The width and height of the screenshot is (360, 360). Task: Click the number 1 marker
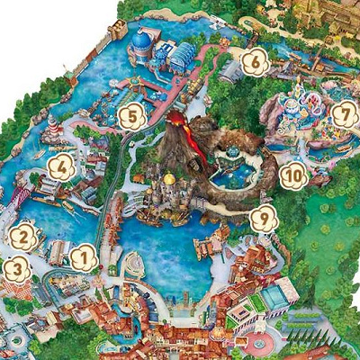point(84,258)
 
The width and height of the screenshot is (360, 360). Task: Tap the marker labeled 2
point(22,238)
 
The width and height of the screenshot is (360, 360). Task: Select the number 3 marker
point(15,268)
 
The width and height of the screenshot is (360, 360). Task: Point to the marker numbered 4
point(61,166)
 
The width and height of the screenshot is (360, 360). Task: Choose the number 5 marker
point(132,116)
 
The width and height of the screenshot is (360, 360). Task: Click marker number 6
point(255,61)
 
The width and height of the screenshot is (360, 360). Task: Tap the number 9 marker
point(263,217)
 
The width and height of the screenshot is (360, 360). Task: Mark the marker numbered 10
point(293,175)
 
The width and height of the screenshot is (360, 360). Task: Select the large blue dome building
point(142,41)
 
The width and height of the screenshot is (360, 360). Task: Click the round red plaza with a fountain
point(262,343)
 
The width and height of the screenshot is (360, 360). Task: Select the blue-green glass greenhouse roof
point(179,56)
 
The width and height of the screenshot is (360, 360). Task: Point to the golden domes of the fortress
point(168,180)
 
